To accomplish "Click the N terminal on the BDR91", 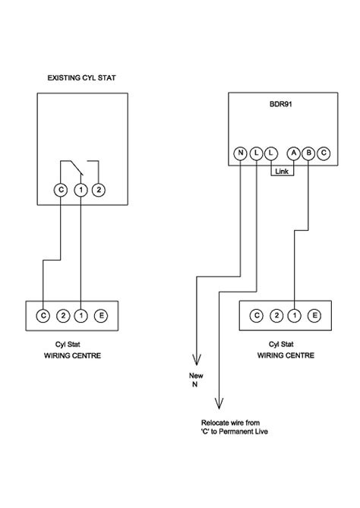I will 240,153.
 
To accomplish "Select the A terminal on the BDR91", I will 293,153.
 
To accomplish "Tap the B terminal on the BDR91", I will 308,153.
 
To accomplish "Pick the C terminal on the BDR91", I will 324,153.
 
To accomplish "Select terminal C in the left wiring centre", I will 43,315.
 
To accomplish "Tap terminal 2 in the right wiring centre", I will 276,315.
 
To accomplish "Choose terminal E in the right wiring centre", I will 314,315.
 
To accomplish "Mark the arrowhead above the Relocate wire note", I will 219,404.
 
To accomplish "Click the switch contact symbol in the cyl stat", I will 81,165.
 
